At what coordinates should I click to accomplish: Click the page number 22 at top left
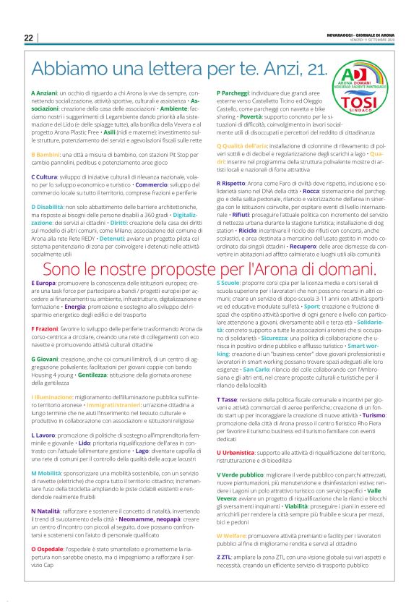[28, 38]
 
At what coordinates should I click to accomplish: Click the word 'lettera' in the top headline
[199, 69]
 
